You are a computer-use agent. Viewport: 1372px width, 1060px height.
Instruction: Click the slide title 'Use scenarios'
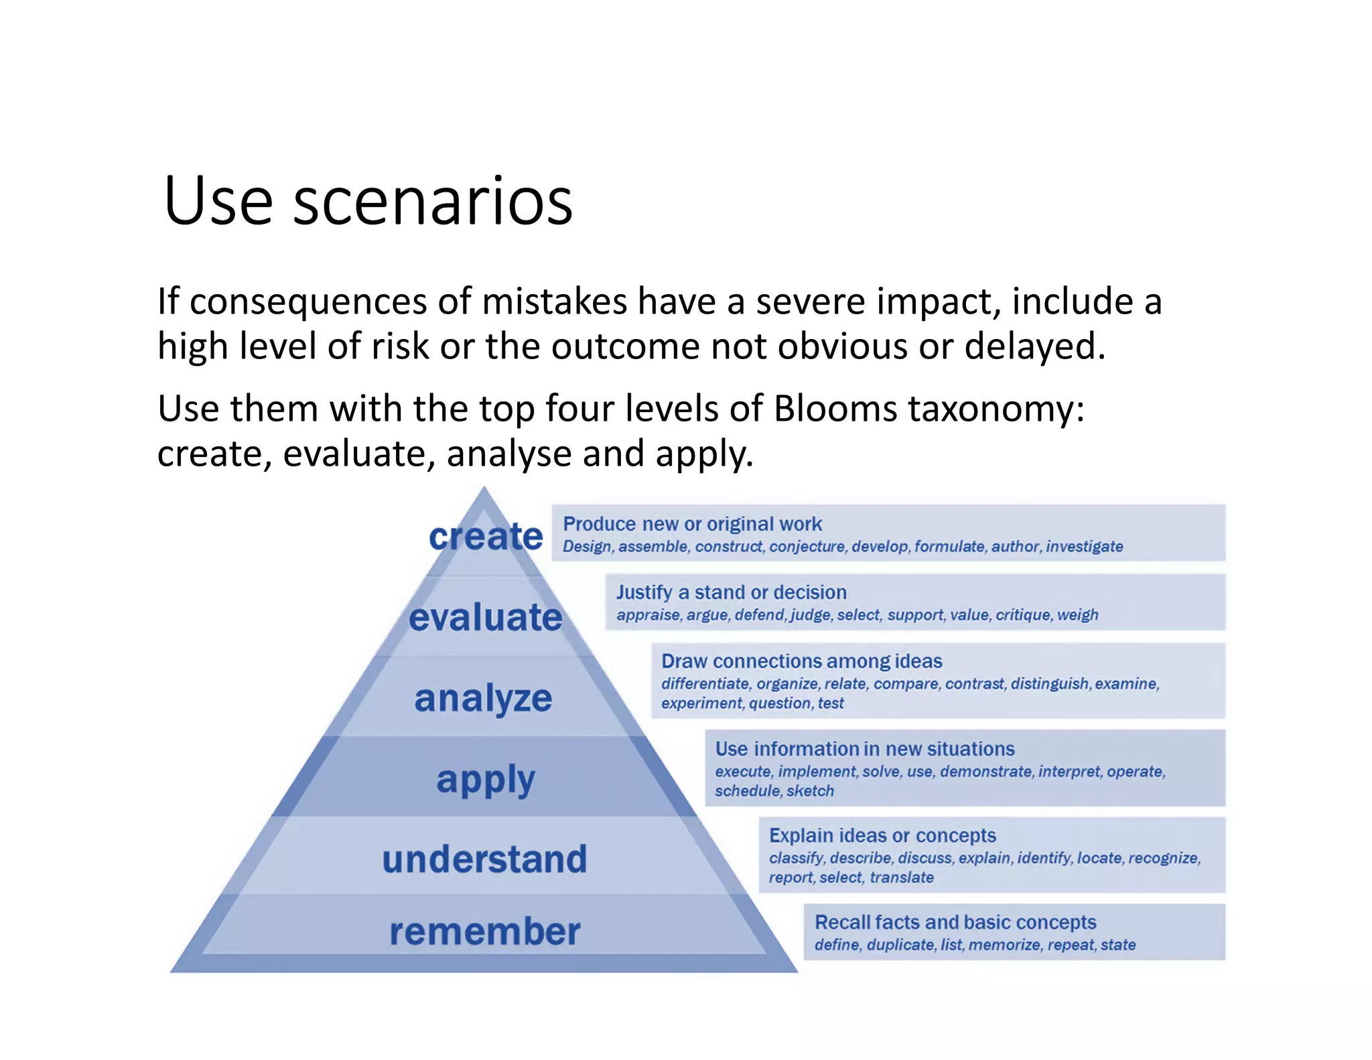tap(368, 200)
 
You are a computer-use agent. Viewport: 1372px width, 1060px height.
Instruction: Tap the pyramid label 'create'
tap(486, 537)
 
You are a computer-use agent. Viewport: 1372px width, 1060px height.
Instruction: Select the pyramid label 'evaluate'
tap(486, 617)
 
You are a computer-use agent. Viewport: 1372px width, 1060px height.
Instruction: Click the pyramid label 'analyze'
tap(483, 698)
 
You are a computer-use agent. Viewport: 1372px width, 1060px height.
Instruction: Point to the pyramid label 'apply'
tap(486, 780)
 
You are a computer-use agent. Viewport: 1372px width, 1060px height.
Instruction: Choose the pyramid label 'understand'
tap(484, 859)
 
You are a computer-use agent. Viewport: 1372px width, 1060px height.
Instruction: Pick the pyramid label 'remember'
tap(484, 931)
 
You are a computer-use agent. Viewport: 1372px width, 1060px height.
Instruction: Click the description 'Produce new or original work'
tap(692, 524)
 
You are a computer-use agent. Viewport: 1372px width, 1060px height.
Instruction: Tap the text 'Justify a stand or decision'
tap(731, 592)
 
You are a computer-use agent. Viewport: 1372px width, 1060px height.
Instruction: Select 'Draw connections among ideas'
tap(801, 661)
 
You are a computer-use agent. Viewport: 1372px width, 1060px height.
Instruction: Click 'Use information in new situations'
tap(864, 748)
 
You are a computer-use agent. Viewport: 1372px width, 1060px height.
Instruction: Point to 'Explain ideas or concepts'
tap(882, 836)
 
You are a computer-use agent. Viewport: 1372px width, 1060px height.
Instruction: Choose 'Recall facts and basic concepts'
tap(955, 923)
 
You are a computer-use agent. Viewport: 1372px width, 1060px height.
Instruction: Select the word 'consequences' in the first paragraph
tap(307, 302)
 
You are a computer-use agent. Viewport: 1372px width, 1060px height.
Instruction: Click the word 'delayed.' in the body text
tap(1034, 346)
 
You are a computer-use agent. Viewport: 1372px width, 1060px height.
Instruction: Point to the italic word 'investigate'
tap(1084, 547)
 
